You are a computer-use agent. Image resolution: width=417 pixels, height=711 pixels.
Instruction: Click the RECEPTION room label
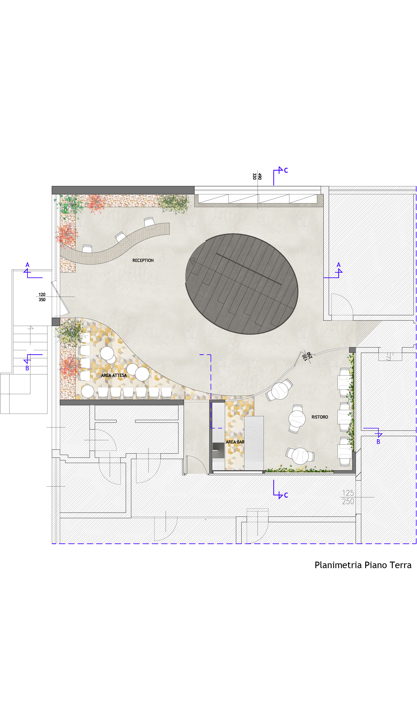click(x=143, y=260)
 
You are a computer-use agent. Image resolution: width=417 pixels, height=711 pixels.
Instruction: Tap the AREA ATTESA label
click(x=114, y=375)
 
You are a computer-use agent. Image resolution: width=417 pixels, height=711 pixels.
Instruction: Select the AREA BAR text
click(x=235, y=442)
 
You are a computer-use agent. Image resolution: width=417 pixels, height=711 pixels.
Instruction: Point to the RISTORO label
click(x=320, y=417)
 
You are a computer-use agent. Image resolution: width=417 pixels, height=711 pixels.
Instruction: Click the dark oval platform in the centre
click(x=242, y=284)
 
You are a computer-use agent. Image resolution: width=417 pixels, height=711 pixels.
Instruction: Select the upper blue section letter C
click(x=286, y=170)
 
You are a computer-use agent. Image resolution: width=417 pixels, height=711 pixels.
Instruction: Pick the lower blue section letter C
click(x=286, y=495)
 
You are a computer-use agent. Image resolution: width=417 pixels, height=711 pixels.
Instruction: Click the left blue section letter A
click(x=27, y=265)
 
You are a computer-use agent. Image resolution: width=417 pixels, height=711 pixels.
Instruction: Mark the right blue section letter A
click(x=339, y=265)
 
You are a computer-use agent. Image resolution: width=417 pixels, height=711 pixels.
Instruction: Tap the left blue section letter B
click(x=27, y=368)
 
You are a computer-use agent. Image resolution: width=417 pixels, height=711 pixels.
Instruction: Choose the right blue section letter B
click(x=378, y=442)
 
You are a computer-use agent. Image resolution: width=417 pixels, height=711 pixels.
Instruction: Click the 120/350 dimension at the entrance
click(x=42, y=297)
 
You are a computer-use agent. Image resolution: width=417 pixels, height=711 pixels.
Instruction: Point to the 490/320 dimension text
click(x=257, y=176)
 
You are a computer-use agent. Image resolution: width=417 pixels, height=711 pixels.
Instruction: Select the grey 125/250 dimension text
click(x=348, y=497)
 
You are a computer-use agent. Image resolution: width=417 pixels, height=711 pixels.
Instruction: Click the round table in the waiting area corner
click(x=87, y=392)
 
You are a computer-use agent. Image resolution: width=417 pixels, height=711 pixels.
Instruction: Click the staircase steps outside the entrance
click(x=30, y=350)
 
